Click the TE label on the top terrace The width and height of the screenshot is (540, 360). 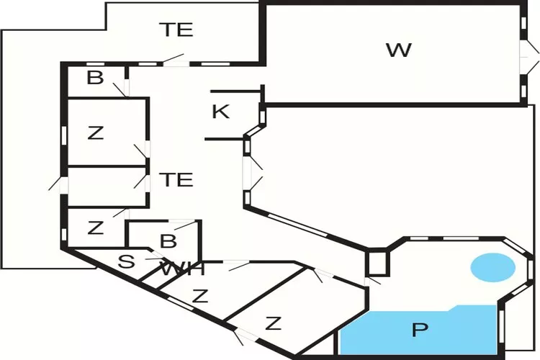click(x=176, y=30)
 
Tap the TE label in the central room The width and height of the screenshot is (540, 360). click(x=176, y=179)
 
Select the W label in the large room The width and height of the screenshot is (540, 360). click(x=398, y=50)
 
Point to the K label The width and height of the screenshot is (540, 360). click(x=221, y=112)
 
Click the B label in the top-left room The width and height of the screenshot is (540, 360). click(x=95, y=78)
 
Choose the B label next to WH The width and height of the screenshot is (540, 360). click(x=168, y=240)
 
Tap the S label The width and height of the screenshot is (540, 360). click(x=126, y=261)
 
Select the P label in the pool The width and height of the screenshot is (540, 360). click(x=419, y=330)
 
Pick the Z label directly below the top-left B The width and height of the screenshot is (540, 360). click(x=95, y=132)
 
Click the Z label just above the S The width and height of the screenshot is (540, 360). click(x=95, y=228)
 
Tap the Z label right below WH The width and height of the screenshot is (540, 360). click(x=200, y=295)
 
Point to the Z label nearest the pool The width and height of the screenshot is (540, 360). click(x=272, y=323)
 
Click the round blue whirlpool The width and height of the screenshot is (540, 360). click(x=492, y=268)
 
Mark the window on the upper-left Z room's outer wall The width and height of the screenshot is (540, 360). click(x=65, y=134)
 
